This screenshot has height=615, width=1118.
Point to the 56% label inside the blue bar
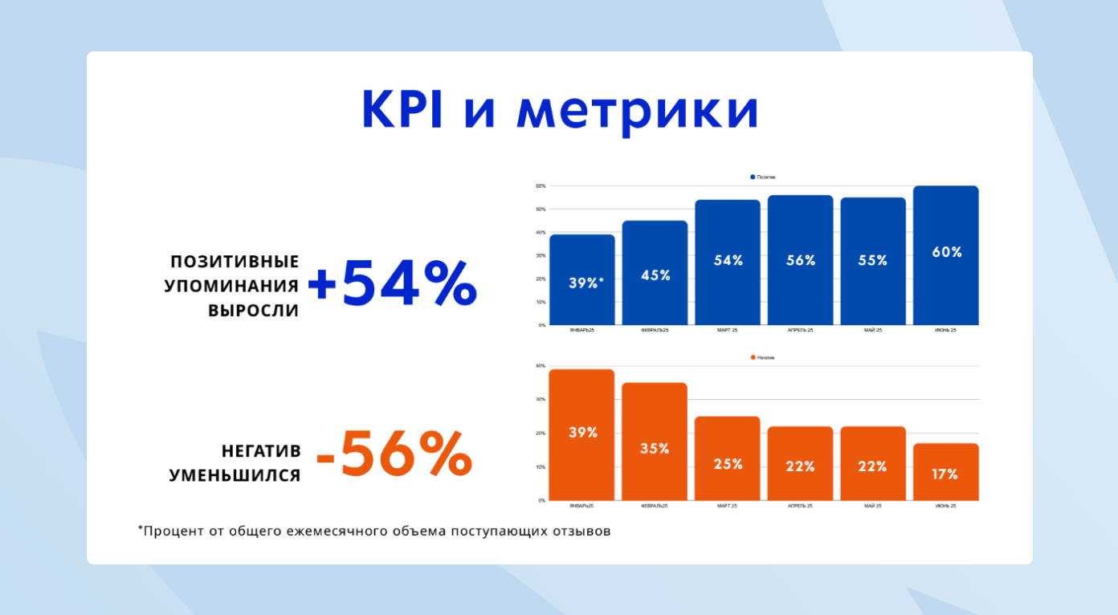tap(800, 260)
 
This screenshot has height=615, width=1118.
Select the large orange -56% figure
tap(394, 454)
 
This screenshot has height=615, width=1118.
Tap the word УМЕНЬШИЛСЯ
tap(235, 475)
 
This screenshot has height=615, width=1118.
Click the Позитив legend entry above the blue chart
tap(763, 177)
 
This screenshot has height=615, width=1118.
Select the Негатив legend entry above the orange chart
tap(763, 357)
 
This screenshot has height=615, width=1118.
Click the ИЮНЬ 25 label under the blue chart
tap(945, 330)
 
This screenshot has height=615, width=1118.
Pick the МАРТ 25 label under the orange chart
tap(728, 506)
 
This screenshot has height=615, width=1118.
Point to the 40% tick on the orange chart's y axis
tap(541, 366)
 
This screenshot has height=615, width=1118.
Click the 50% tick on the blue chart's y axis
tap(541, 210)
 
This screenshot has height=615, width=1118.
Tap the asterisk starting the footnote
tap(141, 528)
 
